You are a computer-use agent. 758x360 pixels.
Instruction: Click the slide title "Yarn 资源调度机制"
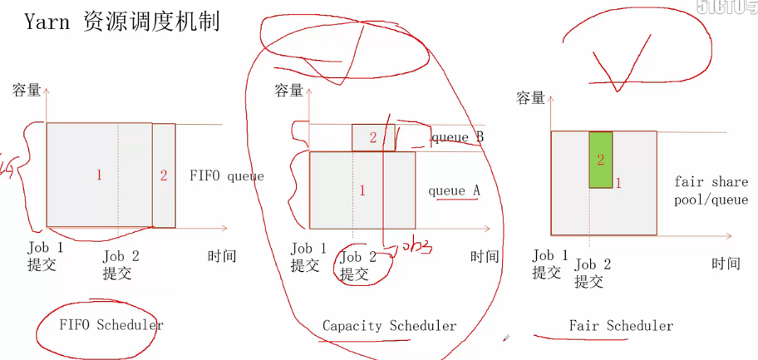point(121,22)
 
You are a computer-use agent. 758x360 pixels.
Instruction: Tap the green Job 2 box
point(601,159)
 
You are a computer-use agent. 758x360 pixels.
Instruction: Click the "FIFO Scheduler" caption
point(111,325)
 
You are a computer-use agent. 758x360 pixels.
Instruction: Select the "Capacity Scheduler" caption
point(389,326)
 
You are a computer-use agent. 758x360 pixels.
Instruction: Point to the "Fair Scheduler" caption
point(621,326)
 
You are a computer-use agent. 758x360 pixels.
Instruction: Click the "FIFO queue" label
point(226,175)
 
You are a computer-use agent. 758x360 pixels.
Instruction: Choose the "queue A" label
point(454,190)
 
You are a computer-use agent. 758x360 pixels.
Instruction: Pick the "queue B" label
point(456,137)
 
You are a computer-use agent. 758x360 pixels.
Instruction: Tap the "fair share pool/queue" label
point(711,190)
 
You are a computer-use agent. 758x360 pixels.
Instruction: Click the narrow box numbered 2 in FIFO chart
point(164,175)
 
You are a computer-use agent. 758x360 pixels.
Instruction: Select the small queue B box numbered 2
point(372,137)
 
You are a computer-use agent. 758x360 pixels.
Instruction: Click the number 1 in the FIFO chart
point(99,175)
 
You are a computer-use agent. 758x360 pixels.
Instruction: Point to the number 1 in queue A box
point(362,190)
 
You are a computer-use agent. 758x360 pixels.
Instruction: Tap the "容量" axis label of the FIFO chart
point(27,90)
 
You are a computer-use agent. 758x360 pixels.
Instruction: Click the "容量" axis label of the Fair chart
point(531,98)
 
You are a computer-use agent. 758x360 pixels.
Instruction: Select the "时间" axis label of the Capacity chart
point(485,256)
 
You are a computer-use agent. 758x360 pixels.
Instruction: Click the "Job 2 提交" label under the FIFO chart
point(121,264)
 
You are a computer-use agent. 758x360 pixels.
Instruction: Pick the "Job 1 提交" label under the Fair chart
point(548,264)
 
